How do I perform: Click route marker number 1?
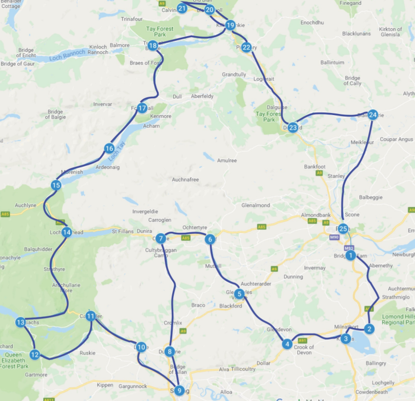click(350, 255)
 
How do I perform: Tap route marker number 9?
click(179, 391)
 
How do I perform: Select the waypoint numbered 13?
click(21, 323)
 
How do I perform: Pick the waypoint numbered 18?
click(153, 46)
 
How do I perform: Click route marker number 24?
click(373, 114)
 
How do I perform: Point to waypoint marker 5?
click(239, 294)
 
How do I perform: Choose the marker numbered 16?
click(109, 149)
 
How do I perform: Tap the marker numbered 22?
click(246, 48)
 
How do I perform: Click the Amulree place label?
click(227, 161)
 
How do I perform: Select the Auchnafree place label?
click(185, 179)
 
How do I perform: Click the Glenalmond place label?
click(255, 205)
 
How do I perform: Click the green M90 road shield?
click(334, 237)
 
